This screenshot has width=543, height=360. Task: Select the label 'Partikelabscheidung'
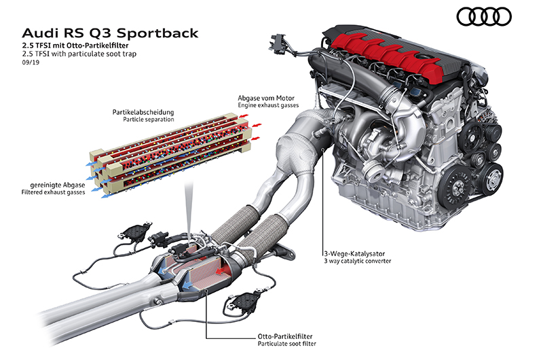click(x=143, y=111)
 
